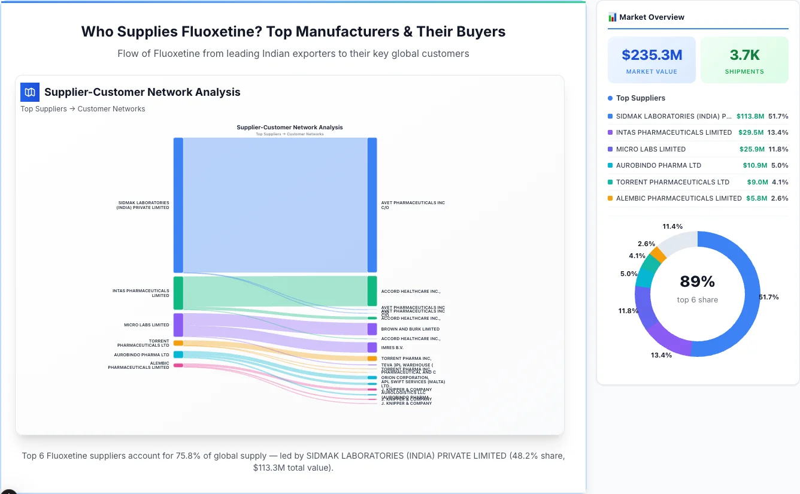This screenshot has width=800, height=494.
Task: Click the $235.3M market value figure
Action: [651, 55]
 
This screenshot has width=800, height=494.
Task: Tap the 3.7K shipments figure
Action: [744, 55]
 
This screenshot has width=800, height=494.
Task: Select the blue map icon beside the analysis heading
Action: [30, 92]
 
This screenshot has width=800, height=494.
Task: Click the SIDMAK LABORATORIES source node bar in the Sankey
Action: [178, 205]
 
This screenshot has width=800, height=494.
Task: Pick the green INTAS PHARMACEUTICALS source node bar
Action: [178, 293]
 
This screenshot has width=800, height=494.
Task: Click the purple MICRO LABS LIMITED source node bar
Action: [178, 325]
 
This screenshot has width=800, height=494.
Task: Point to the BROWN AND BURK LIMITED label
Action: [410, 329]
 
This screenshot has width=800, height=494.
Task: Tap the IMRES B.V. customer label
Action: [392, 347]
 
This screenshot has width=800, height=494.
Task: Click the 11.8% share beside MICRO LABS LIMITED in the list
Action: [778, 149]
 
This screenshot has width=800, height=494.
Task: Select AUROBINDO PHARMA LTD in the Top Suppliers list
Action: [658, 165]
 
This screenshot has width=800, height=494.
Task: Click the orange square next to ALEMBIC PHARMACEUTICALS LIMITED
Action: [610, 198]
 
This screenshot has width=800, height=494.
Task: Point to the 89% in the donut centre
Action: [697, 281]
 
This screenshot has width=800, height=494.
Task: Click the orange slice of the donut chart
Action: [658, 254]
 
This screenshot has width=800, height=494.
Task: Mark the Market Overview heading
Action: [651, 17]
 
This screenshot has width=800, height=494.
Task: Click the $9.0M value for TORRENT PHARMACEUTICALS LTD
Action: [756, 182]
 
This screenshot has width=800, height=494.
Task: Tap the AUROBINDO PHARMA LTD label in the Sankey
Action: [141, 354]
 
